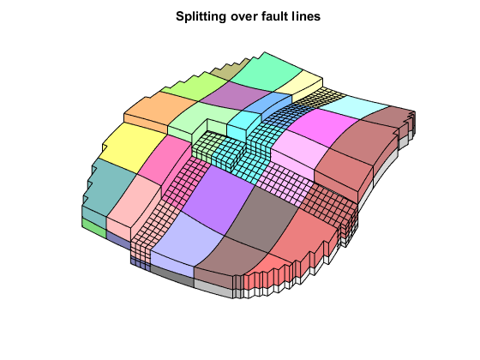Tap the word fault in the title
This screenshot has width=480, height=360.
(x=267, y=16)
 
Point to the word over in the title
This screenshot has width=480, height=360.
(x=241, y=16)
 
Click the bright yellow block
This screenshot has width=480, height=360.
(x=130, y=147)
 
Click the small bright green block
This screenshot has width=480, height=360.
(x=93, y=227)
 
